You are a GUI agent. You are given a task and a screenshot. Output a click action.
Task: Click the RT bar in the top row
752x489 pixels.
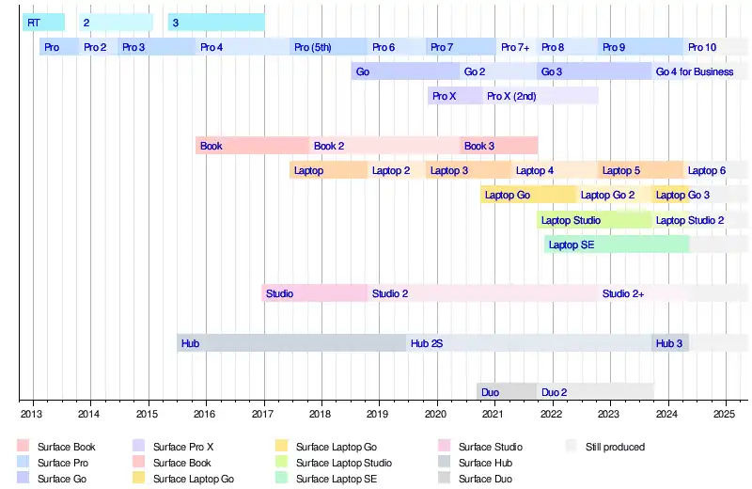pyautogui.click(x=43, y=22)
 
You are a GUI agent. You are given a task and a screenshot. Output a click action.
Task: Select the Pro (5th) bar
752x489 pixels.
pyautogui.click(x=329, y=47)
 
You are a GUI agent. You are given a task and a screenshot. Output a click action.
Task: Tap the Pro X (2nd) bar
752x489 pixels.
pyautogui.click(x=540, y=96)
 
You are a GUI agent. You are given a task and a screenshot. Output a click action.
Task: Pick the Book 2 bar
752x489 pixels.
pyautogui.click(x=385, y=146)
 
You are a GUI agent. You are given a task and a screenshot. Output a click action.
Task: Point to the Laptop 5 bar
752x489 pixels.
pyautogui.click(x=639, y=170)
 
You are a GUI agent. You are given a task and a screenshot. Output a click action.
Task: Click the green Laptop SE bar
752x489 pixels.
pyautogui.click(x=616, y=244)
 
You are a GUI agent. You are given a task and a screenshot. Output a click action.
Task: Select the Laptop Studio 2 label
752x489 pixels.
pyautogui.click(x=690, y=220)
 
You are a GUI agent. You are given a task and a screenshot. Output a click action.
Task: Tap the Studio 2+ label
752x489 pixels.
pyautogui.click(x=623, y=293)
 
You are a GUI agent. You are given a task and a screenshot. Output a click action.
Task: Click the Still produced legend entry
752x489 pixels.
pyautogui.click(x=614, y=447)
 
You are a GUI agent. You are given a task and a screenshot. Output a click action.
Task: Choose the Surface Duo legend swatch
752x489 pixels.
pyautogui.click(x=445, y=479)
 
